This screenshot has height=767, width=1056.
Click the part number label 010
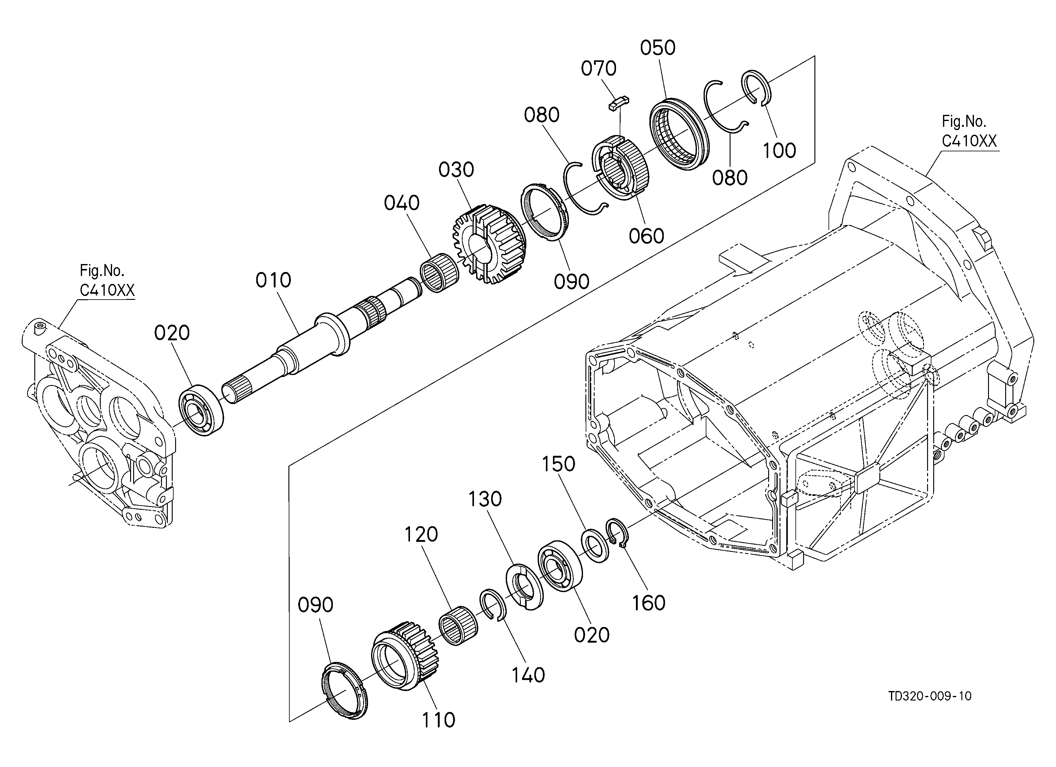(x=273, y=280)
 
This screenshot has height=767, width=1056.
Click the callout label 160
(x=648, y=603)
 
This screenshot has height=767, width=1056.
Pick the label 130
(x=485, y=499)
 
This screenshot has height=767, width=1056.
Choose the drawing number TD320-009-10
(x=930, y=696)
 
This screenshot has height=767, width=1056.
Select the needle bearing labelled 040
(x=440, y=276)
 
